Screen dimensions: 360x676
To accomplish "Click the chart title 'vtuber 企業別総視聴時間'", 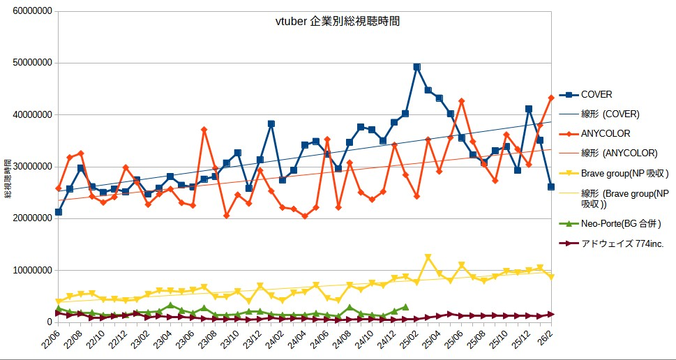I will [338, 22].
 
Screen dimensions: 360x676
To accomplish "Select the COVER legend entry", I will [596, 94].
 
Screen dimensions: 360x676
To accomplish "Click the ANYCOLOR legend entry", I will [605, 133].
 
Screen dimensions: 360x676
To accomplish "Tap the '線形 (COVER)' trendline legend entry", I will [610, 114].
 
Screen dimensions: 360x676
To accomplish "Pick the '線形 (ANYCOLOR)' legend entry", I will [619, 153].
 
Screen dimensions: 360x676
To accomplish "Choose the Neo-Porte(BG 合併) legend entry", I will [620, 223].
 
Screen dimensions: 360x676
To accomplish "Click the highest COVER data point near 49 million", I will [416, 67].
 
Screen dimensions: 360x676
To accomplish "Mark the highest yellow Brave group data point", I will [428, 258].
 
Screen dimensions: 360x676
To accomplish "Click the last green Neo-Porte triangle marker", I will [405, 307].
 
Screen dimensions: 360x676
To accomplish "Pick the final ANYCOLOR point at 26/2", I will [551, 98].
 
